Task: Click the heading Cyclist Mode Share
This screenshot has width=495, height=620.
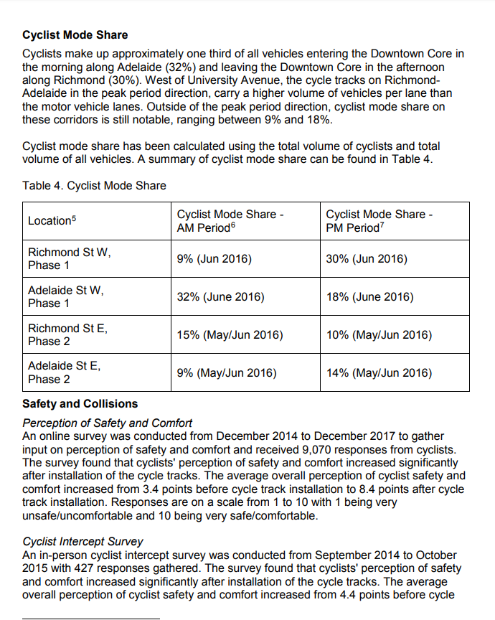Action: click(x=75, y=34)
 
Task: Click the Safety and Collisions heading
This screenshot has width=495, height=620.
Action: click(x=80, y=404)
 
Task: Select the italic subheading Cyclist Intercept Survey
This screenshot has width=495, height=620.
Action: click(x=82, y=542)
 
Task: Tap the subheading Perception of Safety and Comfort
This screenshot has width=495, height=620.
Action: click(x=108, y=423)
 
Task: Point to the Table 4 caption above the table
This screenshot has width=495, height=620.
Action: click(x=94, y=186)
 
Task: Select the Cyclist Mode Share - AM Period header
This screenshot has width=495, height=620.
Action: click(x=230, y=221)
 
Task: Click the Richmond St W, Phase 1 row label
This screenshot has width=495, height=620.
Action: click(x=69, y=259)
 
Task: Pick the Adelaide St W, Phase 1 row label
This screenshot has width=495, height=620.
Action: click(x=66, y=297)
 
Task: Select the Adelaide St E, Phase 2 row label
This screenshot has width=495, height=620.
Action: click(x=64, y=373)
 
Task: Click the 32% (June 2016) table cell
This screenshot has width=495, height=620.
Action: click(x=220, y=297)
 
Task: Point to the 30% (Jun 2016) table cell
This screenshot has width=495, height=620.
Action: click(x=366, y=259)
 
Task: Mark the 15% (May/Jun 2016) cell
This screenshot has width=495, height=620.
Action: click(x=230, y=335)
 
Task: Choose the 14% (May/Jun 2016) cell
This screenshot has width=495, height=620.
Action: click(x=379, y=373)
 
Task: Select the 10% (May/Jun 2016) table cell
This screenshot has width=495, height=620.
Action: click(x=379, y=335)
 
